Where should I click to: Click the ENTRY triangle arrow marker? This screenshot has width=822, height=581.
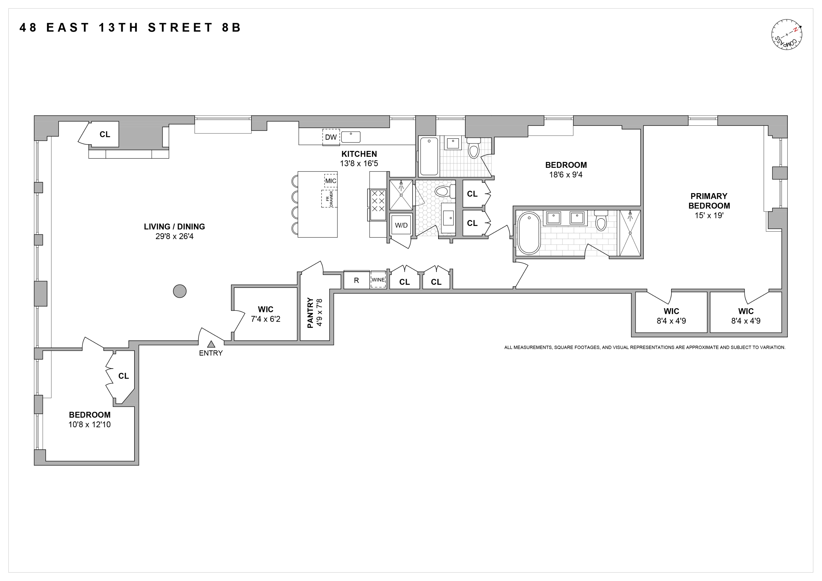pos(211,344)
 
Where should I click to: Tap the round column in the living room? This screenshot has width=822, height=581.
pos(180,291)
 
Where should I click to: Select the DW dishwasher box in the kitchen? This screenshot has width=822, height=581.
pos(331,137)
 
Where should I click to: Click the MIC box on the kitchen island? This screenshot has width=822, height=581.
pos(331,181)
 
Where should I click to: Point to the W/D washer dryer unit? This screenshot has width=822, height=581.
pos(401,225)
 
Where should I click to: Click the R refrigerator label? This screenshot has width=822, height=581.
pos(356,281)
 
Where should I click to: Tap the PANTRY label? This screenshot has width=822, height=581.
pos(310,313)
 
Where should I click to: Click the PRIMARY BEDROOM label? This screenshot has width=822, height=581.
pos(709,201)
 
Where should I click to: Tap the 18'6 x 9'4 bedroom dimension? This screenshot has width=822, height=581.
pos(566,175)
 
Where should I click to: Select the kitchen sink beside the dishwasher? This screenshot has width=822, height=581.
pos(350,137)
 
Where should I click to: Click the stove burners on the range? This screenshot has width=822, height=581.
pos(378,201)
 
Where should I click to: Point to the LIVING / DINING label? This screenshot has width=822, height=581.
pos(174,226)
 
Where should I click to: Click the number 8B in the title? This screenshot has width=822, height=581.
pos(231,27)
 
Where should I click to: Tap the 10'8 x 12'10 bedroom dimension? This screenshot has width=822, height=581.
pos(90,424)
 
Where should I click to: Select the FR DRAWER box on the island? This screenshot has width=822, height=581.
pos(329,199)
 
